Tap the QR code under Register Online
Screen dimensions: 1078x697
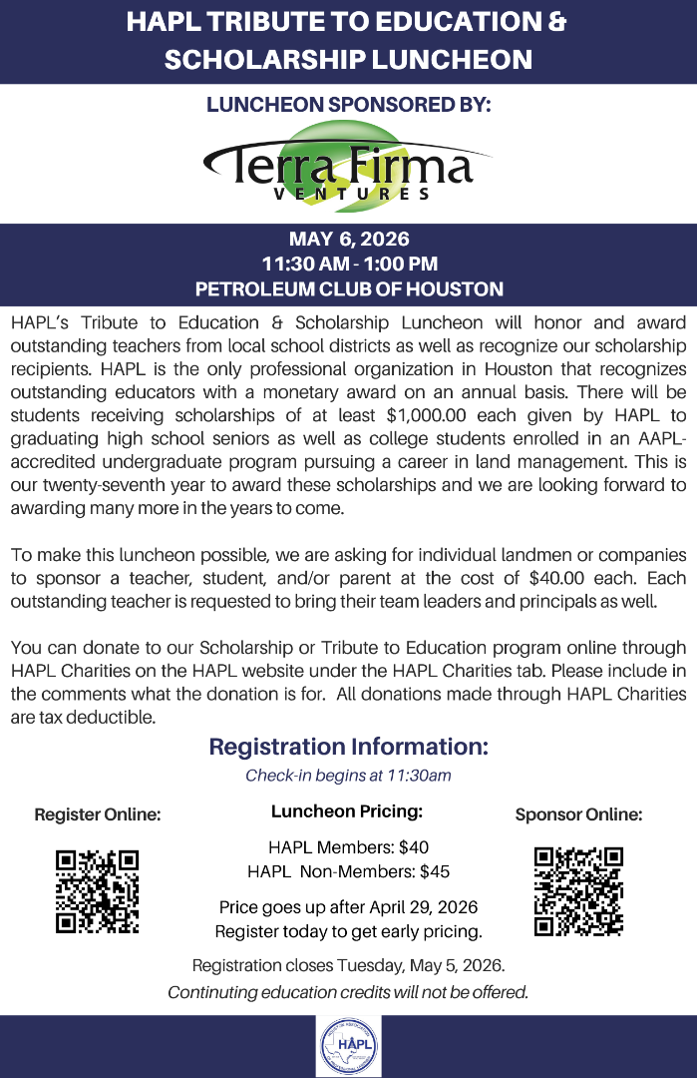(97, 891)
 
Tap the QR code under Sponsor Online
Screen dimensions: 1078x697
(578, 891)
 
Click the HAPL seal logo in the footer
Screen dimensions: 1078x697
(348, 1046)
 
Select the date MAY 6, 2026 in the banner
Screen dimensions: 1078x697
(348, 240)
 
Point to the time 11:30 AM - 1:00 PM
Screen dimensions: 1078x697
(348, 265)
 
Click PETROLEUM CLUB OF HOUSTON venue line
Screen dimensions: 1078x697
(348, 289)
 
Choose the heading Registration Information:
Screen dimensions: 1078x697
(348, 747)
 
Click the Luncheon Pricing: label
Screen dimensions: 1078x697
(347, 811)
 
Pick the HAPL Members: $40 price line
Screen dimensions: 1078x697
(348, 847)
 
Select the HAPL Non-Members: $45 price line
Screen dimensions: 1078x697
(348, 871)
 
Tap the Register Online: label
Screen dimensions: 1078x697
(97, 814)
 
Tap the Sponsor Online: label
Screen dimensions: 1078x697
(578, 814)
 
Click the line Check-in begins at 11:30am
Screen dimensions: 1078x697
(348, 776)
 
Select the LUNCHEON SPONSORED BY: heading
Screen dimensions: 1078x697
(348, 105)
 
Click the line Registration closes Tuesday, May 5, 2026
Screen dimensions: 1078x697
(348, 966)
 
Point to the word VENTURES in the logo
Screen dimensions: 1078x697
(352, 194)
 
